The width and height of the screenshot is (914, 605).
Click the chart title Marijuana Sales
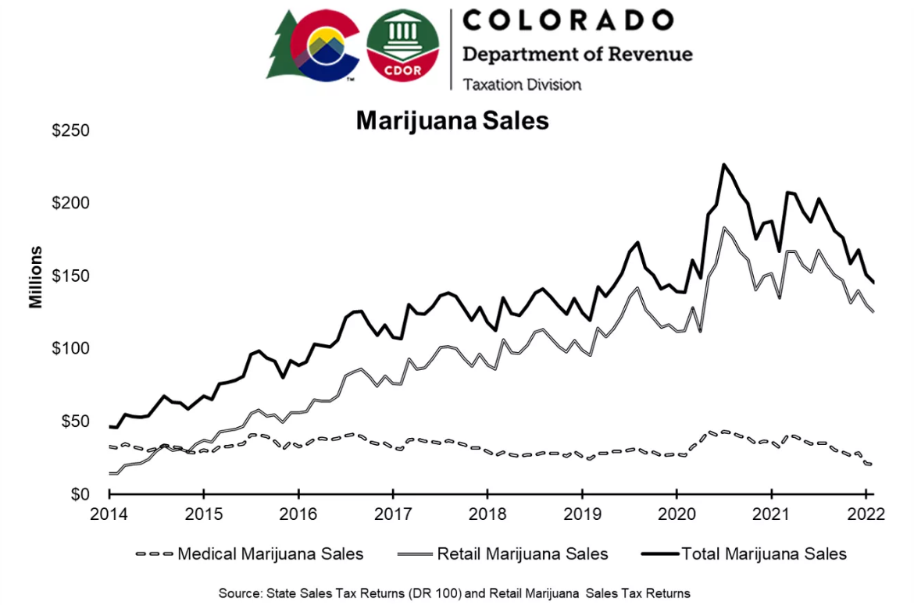click(452, 122)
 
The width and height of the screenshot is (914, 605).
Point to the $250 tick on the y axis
click(70, 130)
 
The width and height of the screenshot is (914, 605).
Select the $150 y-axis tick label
click(70, 276)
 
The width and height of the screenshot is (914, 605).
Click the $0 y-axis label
click(80, 495)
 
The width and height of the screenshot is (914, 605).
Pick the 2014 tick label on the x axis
click(109, 514)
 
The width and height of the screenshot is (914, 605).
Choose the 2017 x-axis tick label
click(393, 514)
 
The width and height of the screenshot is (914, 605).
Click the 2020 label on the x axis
click(677, 514)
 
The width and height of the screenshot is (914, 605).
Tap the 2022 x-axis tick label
click(866, 514)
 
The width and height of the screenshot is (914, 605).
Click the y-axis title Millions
click(36, 277)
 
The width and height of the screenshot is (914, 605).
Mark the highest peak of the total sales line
click(724, 165)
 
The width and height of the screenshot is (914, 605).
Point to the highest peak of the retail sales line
click(724, 228)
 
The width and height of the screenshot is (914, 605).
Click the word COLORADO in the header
click(567, 20)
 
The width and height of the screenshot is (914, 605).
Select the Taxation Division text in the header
click(522, 84)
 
